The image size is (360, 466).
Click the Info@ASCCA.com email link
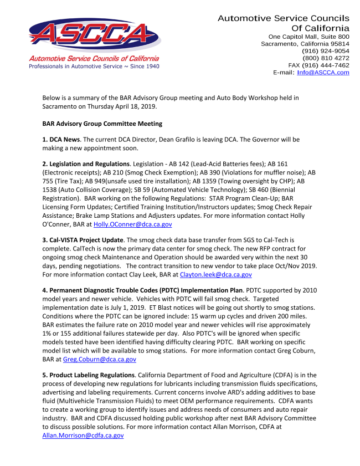pyautogui.click(x=323, y=73)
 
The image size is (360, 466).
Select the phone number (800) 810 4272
pyautogui.click(x=326, y=58)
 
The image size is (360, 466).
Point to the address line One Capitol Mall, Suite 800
pyautogui.click(x=305, y=37)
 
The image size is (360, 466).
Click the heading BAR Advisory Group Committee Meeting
pyautogui.click(x=102, y=124)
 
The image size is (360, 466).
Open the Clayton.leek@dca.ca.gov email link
pyautogui.click(x=216, y=274)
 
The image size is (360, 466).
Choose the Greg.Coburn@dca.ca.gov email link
pyautogui.click(x=100, y=359)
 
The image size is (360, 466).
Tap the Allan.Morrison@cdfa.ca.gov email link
pyautogui.click(x=83, y=436)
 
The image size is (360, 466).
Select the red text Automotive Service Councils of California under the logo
pyautogui.click(x=94, y=59)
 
